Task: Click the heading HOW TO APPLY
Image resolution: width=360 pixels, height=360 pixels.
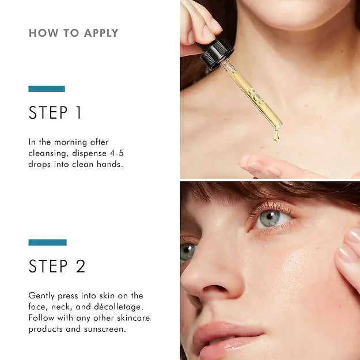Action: point(73,33)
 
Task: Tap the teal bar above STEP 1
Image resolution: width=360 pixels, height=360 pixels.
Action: point(47,89)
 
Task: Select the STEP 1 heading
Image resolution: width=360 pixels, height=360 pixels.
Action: point(55,112)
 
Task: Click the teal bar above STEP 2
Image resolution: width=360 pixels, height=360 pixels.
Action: point(47,242)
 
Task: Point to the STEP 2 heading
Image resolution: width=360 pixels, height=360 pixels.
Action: point(57,266)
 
